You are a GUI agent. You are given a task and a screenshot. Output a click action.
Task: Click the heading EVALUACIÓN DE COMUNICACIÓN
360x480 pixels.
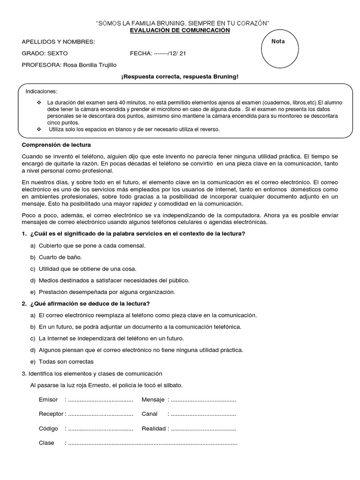[x=180, y=30]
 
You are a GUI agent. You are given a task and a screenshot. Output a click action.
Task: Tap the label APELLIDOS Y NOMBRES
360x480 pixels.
[x=59, y=42]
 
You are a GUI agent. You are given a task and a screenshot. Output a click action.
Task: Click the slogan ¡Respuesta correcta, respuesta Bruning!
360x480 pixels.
[x=180, y=76]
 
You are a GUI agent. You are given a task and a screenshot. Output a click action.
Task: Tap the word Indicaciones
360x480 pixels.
[x=41, y=91]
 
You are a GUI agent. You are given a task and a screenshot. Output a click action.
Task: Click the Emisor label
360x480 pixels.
[x=48, y=400]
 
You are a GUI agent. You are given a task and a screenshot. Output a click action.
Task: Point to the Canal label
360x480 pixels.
[x=150, y=414]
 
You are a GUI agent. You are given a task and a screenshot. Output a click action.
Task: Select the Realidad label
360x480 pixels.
[x=154, y=428]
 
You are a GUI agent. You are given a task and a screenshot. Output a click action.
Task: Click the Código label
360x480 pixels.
[x=48, y=428]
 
